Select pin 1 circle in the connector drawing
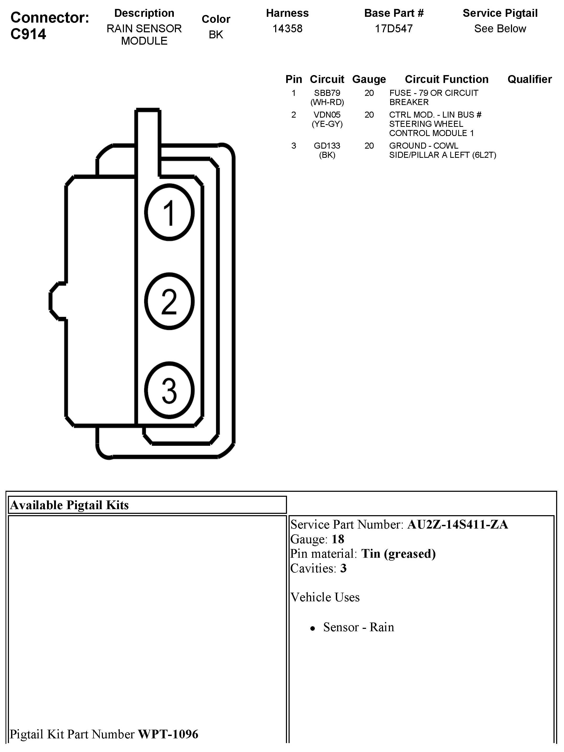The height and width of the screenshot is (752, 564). tap(169, 212)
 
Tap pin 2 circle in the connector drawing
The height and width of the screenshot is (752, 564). tap(169, 301)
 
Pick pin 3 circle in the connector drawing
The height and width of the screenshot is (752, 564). tap(169, 390)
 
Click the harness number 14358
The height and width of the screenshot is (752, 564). tap(287, 29)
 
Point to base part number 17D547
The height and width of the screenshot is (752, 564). tap(394, 29)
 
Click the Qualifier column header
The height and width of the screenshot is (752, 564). tap(529, 79)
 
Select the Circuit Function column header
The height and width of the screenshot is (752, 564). tap(446, 79)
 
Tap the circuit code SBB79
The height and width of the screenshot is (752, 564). tap(327, 93)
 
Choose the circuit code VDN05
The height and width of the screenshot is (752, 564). tap(327, 114)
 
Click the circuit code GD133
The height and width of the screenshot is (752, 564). tap(327, 145)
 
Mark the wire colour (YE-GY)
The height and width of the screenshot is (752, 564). tap(327, 124)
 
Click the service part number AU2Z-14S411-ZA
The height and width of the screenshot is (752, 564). tap(458, 525)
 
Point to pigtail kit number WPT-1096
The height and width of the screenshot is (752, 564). tap(168, 734)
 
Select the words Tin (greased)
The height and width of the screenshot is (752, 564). tap(398, 554)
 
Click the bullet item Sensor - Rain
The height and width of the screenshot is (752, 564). tap(358, 627)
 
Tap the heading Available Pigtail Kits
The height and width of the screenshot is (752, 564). tap(69, 505)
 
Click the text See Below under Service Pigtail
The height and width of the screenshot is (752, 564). tap(500, 29)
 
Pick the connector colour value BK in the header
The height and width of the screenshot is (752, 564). tap(216, 34)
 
